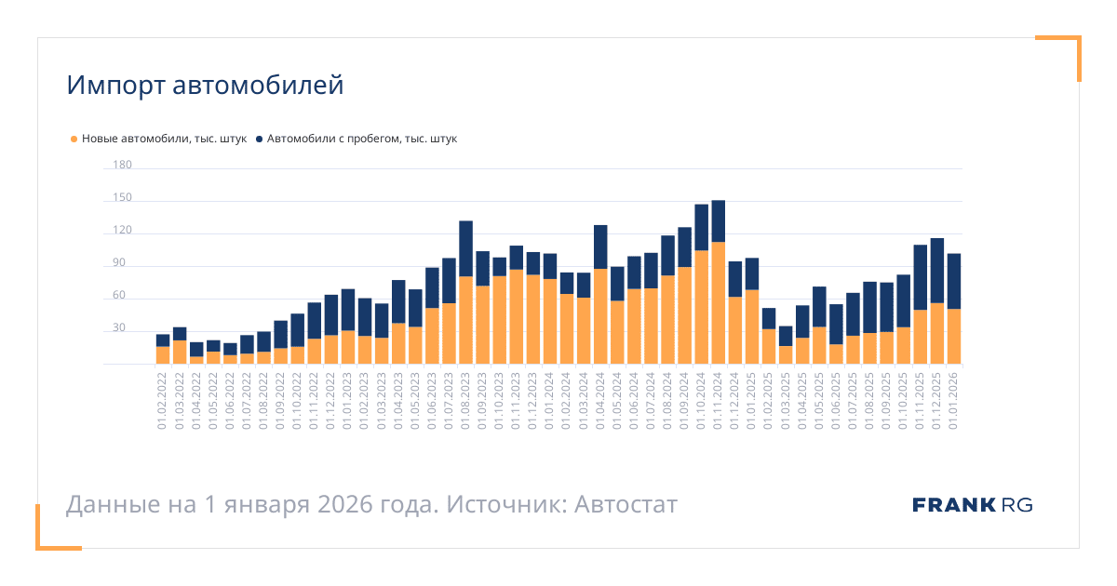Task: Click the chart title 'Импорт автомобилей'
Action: [x=205, y=86]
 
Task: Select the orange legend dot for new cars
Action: [x=74, y=140]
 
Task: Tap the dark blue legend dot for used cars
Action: [x=259, y=140]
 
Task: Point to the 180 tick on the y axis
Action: [x=122, y=166]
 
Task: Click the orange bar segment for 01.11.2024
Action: [x=718, y=302]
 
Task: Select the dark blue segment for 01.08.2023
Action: [x=465, y=248]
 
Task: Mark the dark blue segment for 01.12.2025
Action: [x=936, y=271]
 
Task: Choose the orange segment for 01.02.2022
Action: [x=163, y=355]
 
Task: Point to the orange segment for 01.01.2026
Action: [x=953, y=336]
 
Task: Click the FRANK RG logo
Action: [x=972, y=505]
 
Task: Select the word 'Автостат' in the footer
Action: [x=626, y=505]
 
